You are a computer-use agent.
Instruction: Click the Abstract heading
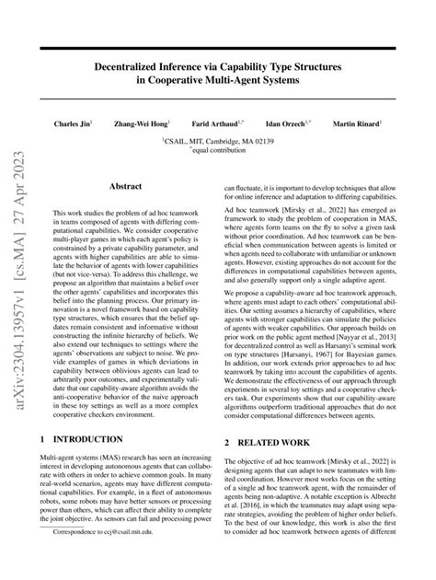[x=125, y=186]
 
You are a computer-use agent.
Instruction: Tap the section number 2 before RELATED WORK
[x=228, y=443]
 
